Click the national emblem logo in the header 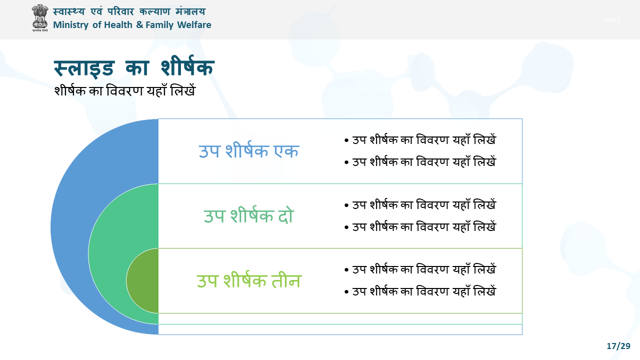tap(39, 17)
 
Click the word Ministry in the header tap(70, 25)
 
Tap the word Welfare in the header tap(194, 25)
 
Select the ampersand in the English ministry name tap(139, 25)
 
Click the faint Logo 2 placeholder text tap(611, 19)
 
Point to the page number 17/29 tap(618, 346)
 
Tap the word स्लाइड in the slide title tap(84, 68)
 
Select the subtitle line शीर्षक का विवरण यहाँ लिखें tap(125, 90)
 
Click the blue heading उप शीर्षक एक tap(248, 150)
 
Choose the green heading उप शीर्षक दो tap(248, 215)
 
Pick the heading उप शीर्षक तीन tap(249, 280)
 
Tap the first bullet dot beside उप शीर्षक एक tap(346, 140)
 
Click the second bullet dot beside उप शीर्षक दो tap(346, 227)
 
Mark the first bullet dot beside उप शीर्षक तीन tap(346, 269)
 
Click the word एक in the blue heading tap(286, 151)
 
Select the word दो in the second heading tap(286, 215)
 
